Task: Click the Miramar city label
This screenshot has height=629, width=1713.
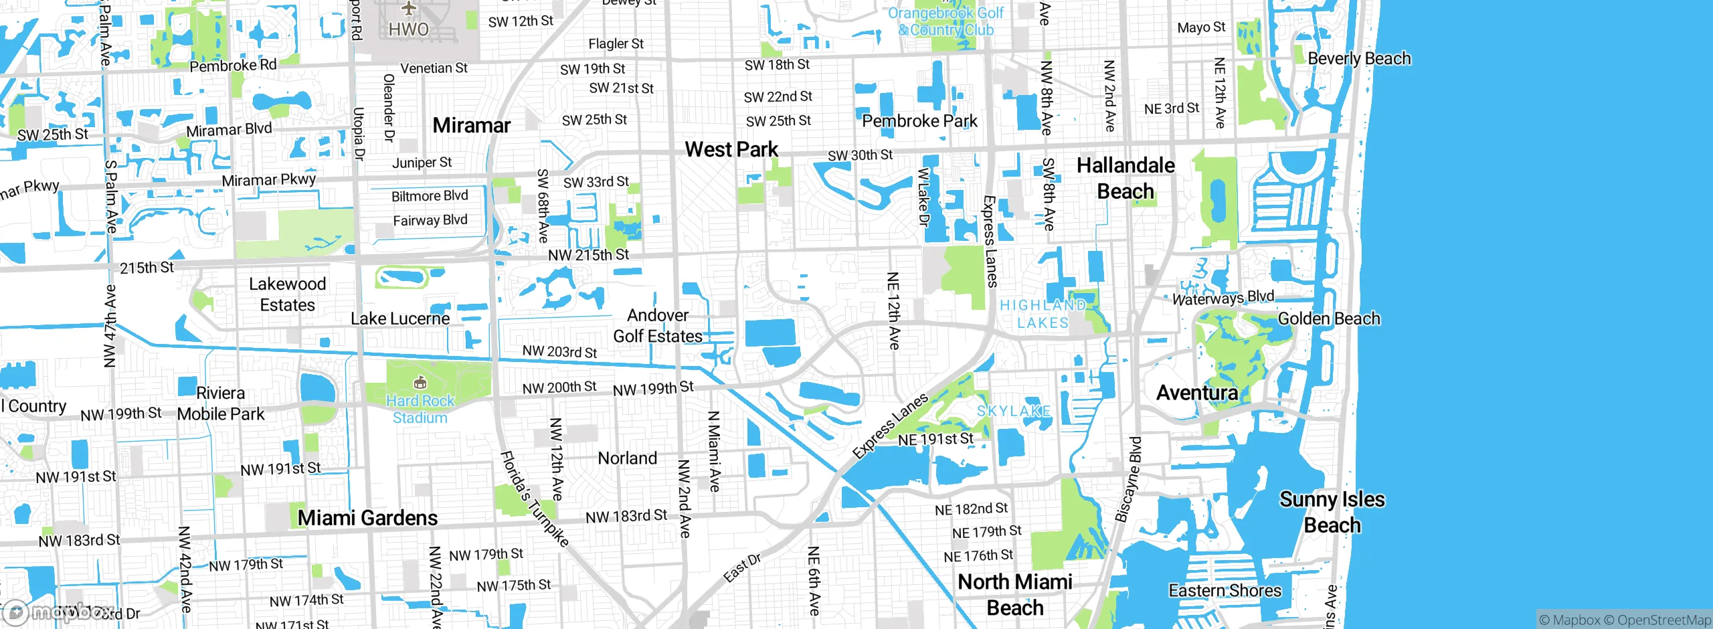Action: (x=471, y=125)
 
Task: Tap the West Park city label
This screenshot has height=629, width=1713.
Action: (x=731, y=149)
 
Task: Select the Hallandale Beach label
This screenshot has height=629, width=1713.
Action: (x=1125, y=178)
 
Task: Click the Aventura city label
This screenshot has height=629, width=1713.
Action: (x=1196, y=392)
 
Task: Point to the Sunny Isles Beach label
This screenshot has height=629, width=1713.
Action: (x=1332, y=512)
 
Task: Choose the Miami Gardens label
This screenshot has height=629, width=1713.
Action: (x=367, y=518)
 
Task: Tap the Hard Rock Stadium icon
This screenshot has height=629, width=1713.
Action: (x=420, y=383)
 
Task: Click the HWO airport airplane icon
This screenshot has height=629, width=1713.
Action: (x=409, y=9)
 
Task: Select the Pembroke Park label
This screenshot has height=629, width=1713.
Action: (x=919, y=121)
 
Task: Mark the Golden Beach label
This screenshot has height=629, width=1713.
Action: (x=1328, y=319)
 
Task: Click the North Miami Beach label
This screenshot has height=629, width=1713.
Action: (x=1015, y=594)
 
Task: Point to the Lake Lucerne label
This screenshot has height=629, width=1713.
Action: (x=400, y=319)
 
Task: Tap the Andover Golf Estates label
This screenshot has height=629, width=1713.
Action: (x=658, y=326)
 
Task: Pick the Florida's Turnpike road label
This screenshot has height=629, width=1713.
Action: (x=534, y=498)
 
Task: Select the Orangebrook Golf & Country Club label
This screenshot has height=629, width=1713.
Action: (x=945, y=21)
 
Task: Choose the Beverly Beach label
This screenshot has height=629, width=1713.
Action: (x=1359, y=59)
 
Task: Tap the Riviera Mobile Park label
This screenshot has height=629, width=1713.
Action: (x=221, y=403)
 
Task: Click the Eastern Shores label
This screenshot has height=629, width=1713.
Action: (x=1225, y=590)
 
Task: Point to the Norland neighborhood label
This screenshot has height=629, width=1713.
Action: (x=627, y=458)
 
